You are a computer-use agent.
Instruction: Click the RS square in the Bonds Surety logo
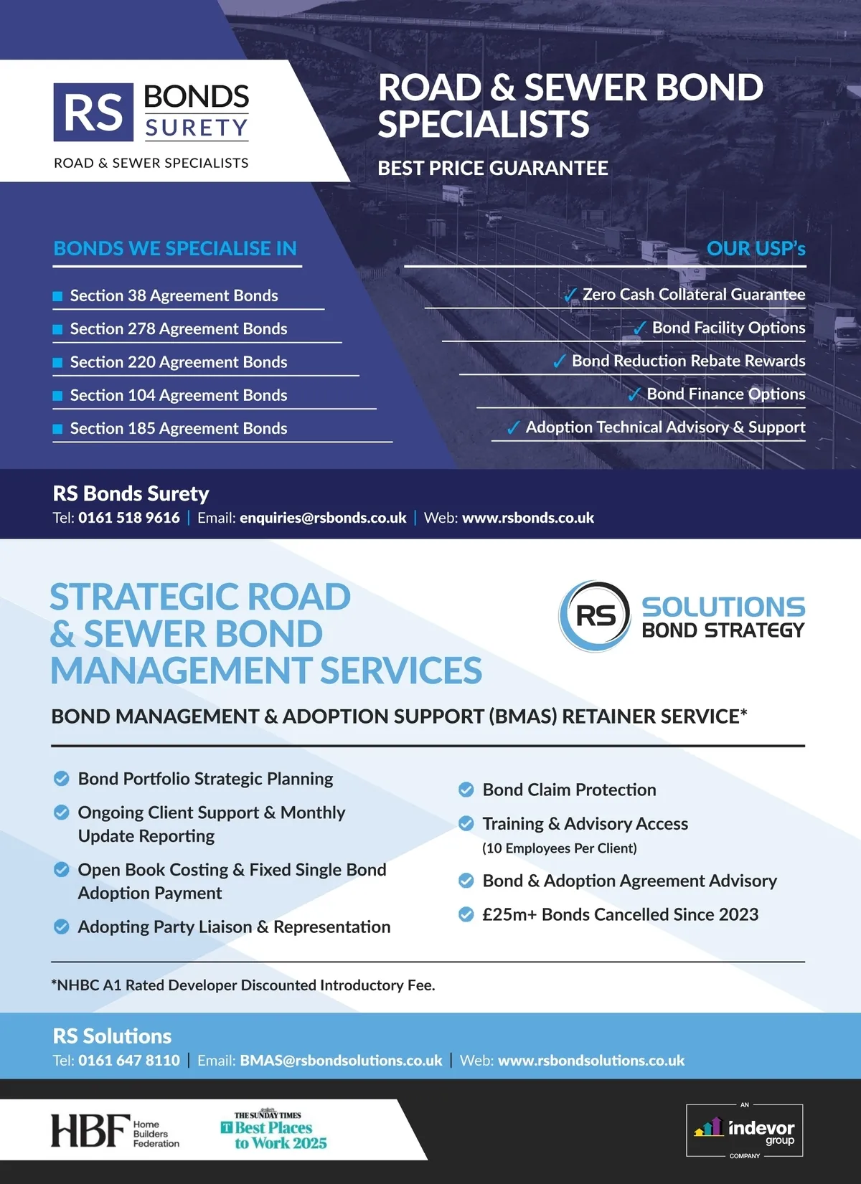93,113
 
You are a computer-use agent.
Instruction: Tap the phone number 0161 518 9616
129,518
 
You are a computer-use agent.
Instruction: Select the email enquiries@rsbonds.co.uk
323,518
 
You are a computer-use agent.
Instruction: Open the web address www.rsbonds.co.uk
528,518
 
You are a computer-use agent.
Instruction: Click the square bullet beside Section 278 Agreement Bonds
57,329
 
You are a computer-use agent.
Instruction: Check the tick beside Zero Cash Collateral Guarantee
571,295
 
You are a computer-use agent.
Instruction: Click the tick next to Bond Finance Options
634,394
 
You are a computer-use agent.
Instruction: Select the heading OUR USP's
756,249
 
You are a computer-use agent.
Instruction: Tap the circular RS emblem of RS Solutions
595,615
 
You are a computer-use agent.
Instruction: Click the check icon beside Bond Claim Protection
466,790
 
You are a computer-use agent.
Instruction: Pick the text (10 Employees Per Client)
560,848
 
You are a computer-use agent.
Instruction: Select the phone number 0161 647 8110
129,1060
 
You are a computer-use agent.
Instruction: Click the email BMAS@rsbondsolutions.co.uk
341,1060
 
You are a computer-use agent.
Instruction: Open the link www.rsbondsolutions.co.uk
591,1060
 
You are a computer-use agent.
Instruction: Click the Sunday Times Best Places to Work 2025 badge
273,1131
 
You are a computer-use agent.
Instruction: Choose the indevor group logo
745,1130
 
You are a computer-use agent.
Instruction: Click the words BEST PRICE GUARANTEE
493,169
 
